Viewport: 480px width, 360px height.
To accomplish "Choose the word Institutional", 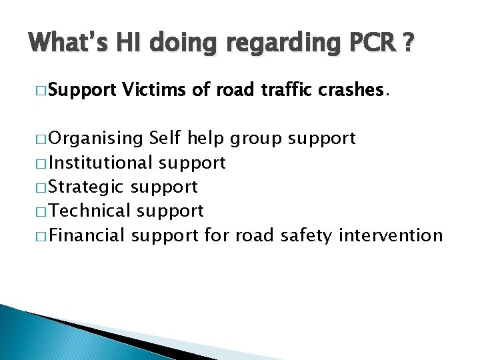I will (101, 163).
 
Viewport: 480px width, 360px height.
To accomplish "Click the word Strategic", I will (88, 187).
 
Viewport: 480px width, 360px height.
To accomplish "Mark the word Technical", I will (91, 211).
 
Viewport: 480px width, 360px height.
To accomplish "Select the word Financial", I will (88, 235).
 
